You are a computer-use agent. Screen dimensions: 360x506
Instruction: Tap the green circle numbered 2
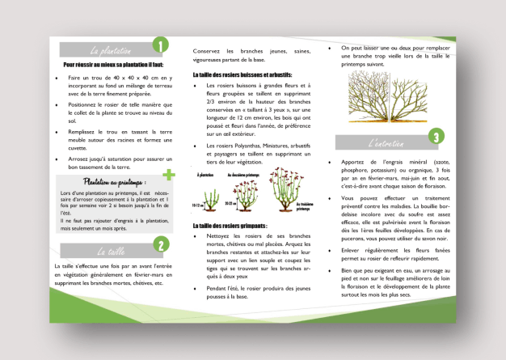point(160,245)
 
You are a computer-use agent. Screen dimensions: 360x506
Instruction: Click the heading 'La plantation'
point(111,49)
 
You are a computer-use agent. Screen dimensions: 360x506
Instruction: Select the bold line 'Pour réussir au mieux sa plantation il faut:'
point(113,64)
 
